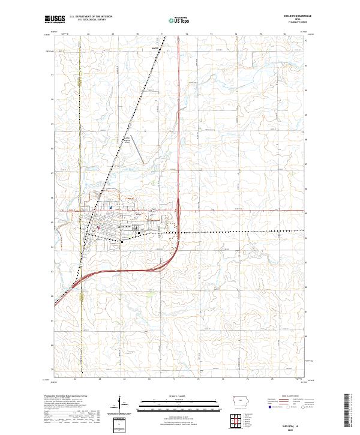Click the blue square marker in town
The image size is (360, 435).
point(111,208)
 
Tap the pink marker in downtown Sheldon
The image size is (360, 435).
point(98,227)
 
